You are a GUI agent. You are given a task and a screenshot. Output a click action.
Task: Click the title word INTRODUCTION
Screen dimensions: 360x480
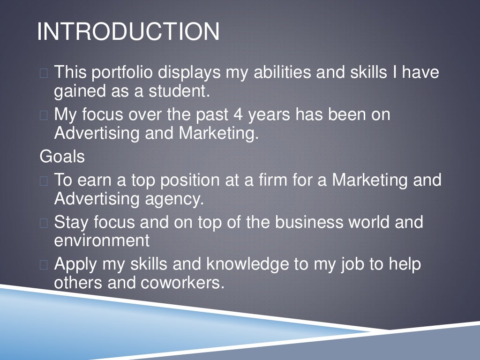[x=128, y=32]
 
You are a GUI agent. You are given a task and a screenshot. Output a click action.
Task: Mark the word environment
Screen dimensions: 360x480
[x=102, y=241]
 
